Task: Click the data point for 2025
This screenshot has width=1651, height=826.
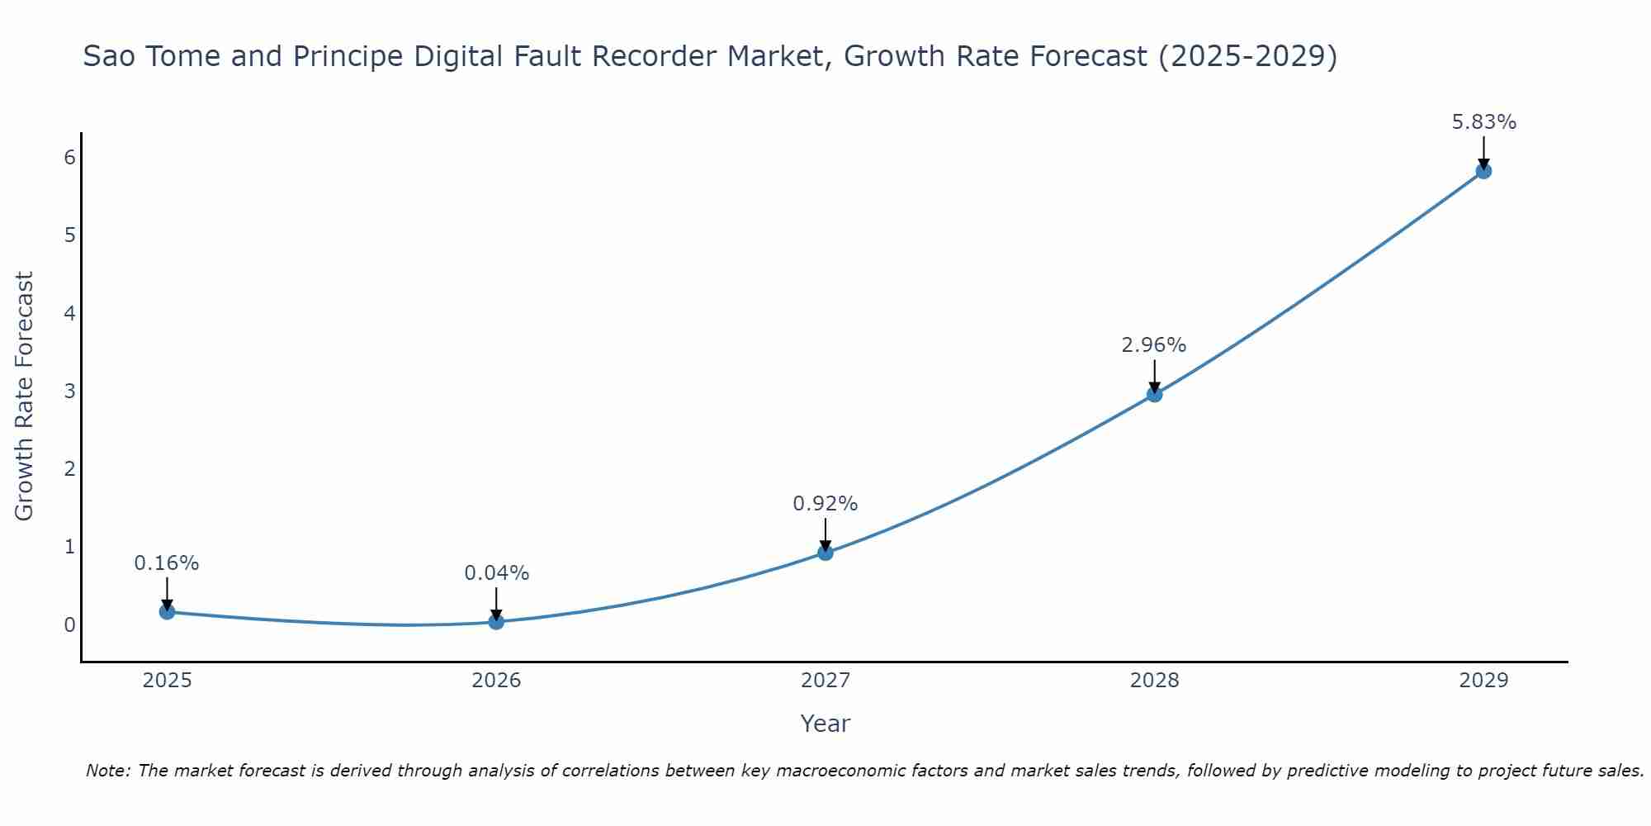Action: click(167, 612)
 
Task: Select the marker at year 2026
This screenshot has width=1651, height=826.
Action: click(496, 621)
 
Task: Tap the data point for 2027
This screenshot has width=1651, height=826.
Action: click(825, 553)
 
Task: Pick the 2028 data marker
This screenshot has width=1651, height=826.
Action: click(1154, 395)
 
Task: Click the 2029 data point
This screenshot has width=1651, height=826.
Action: click(1483, 172)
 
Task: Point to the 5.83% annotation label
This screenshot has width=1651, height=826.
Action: click(1483, 122)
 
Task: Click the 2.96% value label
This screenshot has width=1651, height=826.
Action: click(1153, 345)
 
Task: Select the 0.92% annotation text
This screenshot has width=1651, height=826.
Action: click(825, 504)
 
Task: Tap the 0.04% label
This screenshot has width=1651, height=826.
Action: click(496, 573)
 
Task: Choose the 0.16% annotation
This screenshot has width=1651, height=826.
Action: click(167, 563)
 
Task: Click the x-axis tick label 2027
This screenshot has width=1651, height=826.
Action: click(825, 681)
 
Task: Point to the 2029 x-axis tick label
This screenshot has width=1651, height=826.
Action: click(1483, 681)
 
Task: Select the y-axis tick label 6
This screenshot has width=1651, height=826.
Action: click(69, 158)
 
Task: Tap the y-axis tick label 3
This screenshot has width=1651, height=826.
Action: click(69, 391)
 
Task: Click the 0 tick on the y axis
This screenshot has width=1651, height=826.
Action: click(69, 624)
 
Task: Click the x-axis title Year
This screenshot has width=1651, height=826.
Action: click(825, 724)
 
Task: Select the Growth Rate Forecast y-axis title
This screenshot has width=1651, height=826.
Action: click(25, 396)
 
